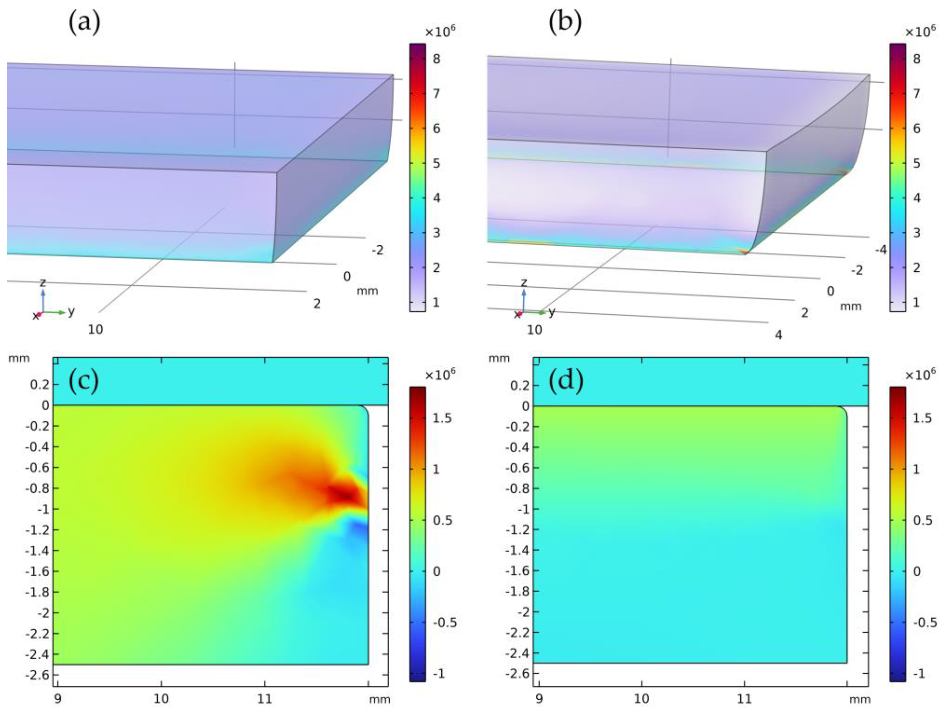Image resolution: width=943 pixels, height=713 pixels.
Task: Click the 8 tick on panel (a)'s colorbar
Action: tap(436, 58)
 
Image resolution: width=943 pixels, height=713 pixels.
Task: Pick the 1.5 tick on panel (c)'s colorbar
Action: tap(443, 418)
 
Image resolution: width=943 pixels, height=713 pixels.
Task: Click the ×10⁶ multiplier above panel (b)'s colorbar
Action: tap(920, 31)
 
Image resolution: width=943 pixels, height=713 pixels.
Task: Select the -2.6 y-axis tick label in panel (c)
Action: tap(38, 674)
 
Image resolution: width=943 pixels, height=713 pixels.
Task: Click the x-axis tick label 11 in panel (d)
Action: tap(745, 698)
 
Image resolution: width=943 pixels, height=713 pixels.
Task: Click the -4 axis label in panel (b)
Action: tap(880, 250)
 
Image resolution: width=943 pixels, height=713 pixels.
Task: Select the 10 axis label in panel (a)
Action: tap(96, 329)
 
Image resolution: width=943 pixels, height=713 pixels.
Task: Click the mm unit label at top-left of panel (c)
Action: tap(19, 358)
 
